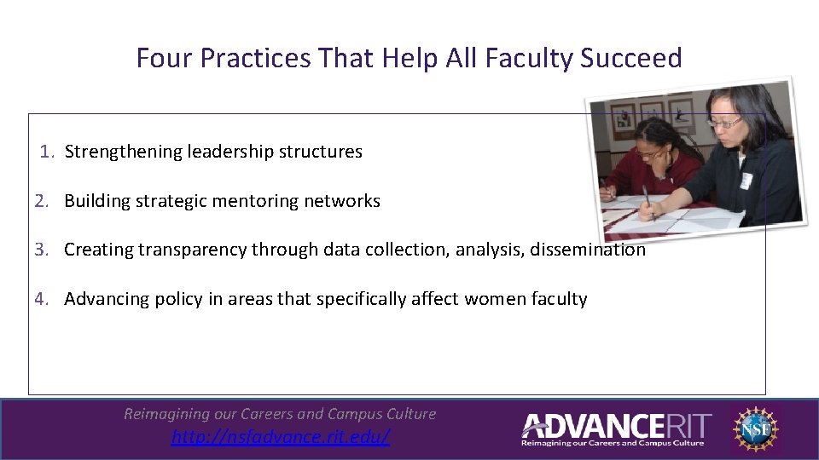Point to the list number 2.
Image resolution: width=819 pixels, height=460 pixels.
pyautogui.click(x=42, y=201)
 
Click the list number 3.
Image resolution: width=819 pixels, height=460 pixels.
pyautogui.click(x=42, y=250)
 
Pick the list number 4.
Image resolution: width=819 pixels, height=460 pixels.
pyautogui.click(x=42, y=299)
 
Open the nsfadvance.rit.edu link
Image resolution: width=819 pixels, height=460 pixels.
pyautogui.click(x=281, y=437)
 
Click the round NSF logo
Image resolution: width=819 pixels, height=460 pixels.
pyautogui.click(x=755, y=428)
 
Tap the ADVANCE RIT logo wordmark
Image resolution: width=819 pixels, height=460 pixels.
pyautogui.click(x=616, y=425)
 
